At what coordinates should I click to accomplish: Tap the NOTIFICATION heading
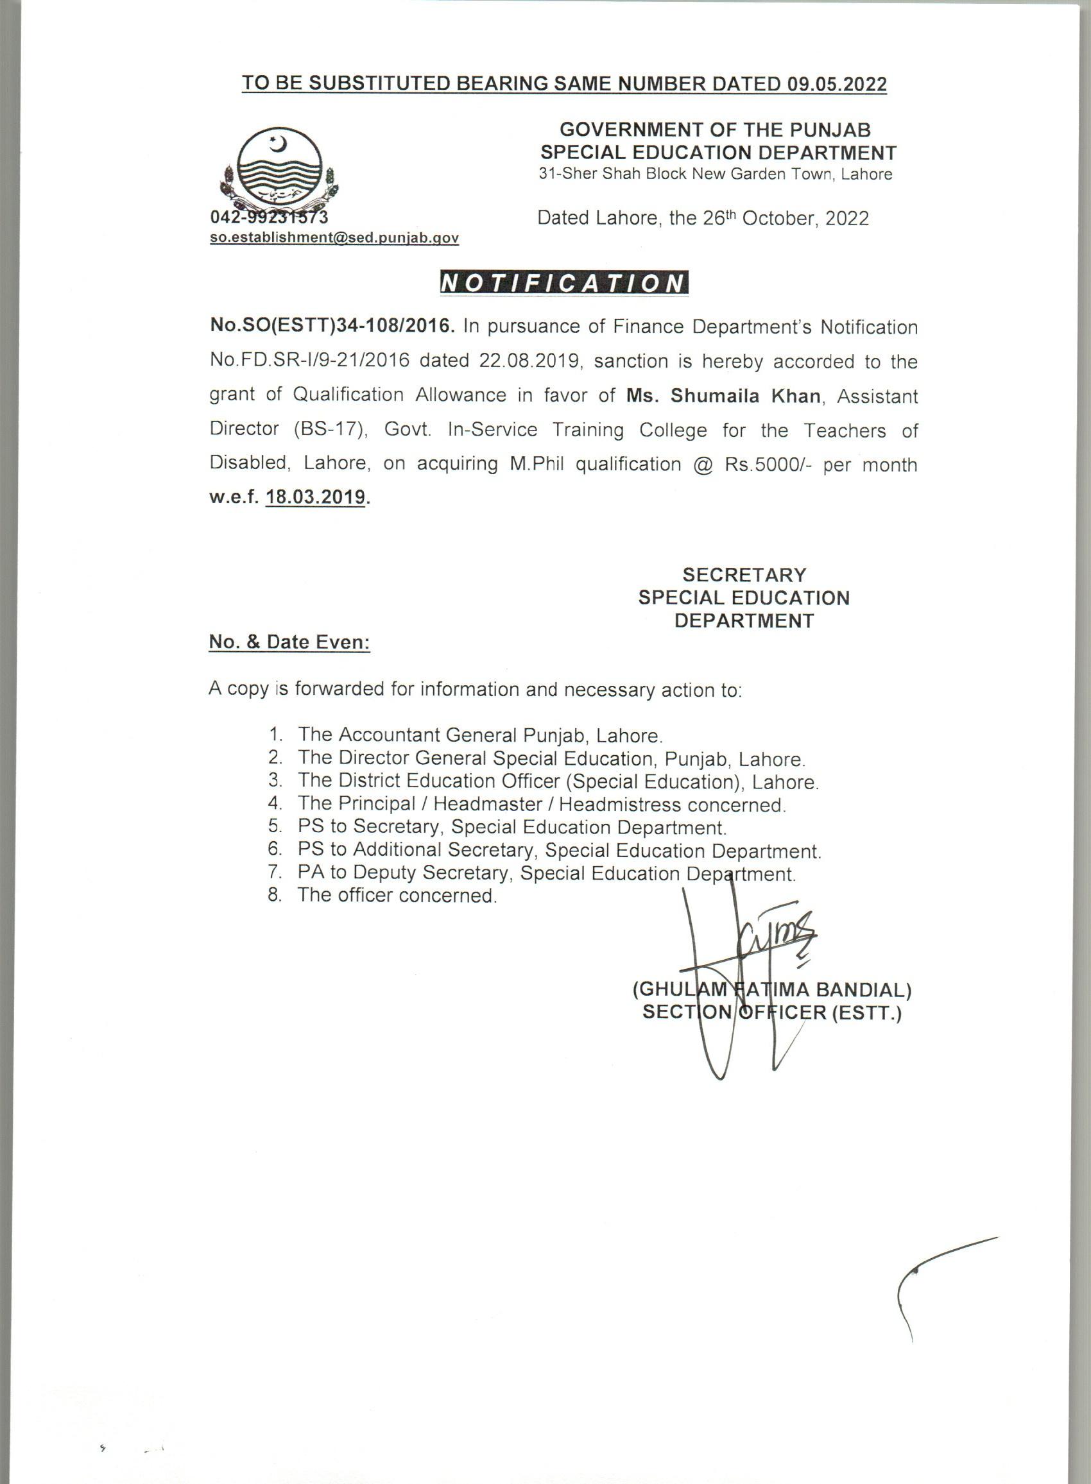click(x=563, y=282)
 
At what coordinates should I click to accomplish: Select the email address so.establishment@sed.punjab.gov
click(x=334, y=238)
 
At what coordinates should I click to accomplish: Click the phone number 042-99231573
click(x=269, y=217)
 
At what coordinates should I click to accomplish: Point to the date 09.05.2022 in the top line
click(x=837, y=84)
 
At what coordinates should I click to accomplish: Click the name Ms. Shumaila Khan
click(x=724, y=396)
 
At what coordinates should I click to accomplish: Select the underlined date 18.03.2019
click(x=316, y=497)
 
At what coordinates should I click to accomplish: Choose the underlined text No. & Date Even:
click(x=289, y=642)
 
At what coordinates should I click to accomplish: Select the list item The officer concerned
click(x=396, y=896)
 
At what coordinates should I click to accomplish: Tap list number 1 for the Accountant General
click(x=275, y=735)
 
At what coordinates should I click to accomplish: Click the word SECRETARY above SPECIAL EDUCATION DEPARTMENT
click(x=744, y=575)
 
